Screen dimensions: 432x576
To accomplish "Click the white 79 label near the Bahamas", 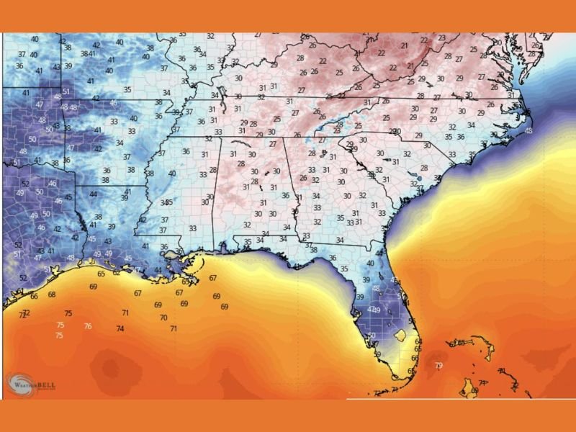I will click(x=438, y=366).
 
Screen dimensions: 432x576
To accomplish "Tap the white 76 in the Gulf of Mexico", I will click(x=88, y=326).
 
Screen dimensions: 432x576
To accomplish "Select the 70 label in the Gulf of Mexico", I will click(x=163, y=318).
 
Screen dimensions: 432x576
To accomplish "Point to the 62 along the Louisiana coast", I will click(x=117, y=272).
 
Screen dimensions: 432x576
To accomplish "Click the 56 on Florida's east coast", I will click(x=412, y=321).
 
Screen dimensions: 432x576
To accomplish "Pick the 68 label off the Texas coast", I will click(x=52, y=294).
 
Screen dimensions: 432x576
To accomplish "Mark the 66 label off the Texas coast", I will click(x=34, y=297).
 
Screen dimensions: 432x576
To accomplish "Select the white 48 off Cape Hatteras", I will click(x=529, y=131).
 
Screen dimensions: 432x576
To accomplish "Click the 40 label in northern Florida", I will click(x=370, y=264).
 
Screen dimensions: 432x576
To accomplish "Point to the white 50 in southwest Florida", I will click(x=372, y=336).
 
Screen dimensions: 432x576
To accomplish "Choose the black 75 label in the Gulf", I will click(x=68, y=313).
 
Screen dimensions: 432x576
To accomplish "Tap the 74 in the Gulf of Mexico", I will click(x=120, y=328).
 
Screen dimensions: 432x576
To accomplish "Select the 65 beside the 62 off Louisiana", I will click(x=102, y=274).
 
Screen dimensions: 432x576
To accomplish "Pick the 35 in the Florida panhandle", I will click(x=344, y=269).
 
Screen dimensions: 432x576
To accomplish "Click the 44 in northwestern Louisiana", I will click(x=93, y=194).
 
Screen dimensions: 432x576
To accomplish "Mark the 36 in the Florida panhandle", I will click(x=333, y=257).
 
